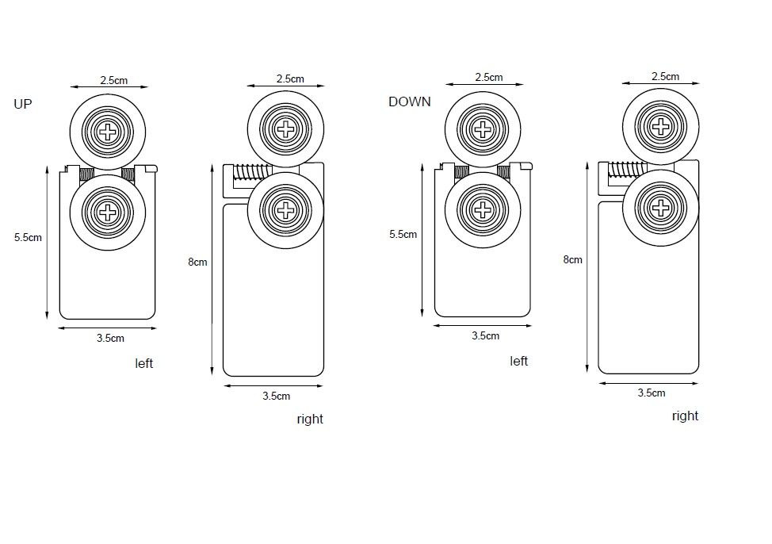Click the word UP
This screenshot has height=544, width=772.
point(23,104)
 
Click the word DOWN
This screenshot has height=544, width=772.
point(409,102)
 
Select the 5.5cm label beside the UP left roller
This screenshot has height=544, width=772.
point(28,237)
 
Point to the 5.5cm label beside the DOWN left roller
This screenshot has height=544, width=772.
point(403,235)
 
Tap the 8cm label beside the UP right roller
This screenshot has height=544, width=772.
point(197,262)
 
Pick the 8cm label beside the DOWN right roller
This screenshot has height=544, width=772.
point(572,259)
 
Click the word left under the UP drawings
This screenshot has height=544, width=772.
point(143,363)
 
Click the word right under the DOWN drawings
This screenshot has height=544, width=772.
point(685,416)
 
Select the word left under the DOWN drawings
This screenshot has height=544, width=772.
point(518,361)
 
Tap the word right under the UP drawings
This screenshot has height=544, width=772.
point(310,419)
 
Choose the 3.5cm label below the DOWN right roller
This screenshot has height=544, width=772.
point(651,393)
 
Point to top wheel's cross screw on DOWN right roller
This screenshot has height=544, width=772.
point(660,125)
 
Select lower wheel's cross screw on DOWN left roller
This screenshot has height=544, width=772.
point(482,209)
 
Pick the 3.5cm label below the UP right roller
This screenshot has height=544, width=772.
point(276,396)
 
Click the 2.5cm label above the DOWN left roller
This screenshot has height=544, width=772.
point(488,78)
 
